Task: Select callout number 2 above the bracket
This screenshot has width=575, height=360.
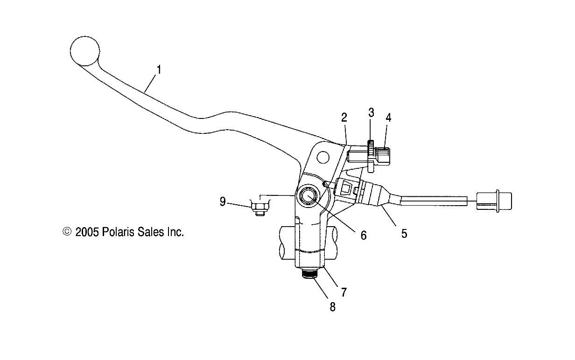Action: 344,118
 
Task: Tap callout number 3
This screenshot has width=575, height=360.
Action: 371,112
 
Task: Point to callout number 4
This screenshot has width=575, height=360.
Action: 388,118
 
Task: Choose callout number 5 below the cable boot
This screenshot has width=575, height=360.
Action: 404,233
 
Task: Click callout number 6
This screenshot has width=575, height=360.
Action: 363,235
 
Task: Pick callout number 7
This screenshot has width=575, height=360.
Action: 344,292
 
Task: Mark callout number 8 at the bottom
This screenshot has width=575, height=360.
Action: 333,307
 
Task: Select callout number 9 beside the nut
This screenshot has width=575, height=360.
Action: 223,202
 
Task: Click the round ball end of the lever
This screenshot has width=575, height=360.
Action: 85,50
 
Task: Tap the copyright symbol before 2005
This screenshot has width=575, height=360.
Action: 67,232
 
